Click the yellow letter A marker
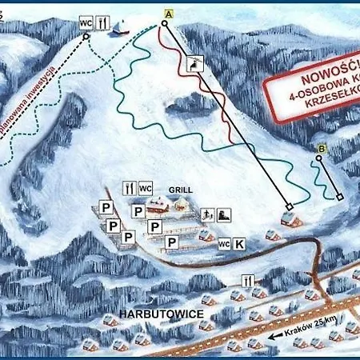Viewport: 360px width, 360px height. click(x=168, y=13)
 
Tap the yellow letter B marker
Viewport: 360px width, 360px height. click(x=322, y=148)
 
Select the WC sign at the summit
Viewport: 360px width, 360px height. click(x=86, y=24)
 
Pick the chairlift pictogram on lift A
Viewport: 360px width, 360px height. click(x=194, y=64)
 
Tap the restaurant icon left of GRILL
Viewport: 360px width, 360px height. click(x=128, y=188)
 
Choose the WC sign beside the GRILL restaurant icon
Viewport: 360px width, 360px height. click(x=145, y=188)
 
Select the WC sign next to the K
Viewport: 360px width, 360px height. click(x=224, y=243)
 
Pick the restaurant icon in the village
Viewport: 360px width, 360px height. click(x=249, y=281)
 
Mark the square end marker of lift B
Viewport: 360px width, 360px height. click(x=339, y=197)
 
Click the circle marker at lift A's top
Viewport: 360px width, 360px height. click(x=163, y=23)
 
